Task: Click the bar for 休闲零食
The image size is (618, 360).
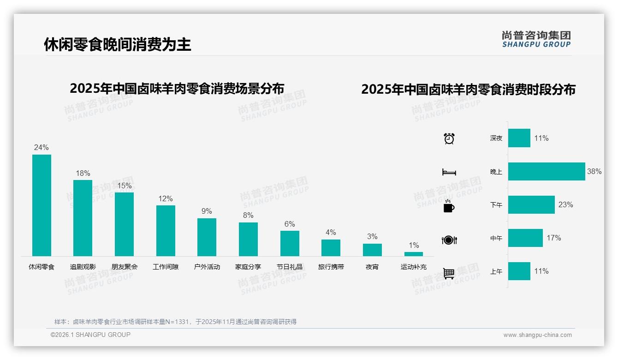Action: (x=42, y=205)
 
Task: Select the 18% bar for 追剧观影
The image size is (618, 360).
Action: (x=83, y=218)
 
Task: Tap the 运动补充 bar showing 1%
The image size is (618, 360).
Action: (x=414, y=254)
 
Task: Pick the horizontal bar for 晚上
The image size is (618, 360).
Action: (x=547, y=172)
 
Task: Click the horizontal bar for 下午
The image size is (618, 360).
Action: (x=531, y=205)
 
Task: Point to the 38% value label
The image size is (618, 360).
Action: (x=594, y=172)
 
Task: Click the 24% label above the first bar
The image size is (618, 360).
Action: (x=42, y=148)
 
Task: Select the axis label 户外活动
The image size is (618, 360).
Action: (x=207, y=267)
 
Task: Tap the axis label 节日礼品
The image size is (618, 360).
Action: (x=290, y=267)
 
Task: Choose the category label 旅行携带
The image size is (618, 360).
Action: (x=331, y=267)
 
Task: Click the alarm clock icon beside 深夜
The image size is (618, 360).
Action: (x=449, y=138)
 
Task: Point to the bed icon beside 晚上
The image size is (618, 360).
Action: (x=449, y=172)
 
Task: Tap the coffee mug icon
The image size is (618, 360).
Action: (x=449, y=206)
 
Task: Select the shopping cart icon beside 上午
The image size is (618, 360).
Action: (x=449, y=273)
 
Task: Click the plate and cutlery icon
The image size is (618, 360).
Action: (x=449, y=240)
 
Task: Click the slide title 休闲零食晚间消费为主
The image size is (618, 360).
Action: (x=117, y=45)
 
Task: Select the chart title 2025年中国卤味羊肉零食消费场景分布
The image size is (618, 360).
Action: (x=177, y=88)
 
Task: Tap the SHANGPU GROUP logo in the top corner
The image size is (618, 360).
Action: (x=536, y=39)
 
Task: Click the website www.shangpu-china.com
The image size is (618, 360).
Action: (x=537, y=335)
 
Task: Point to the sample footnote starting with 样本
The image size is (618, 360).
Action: (x=175, y=322)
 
